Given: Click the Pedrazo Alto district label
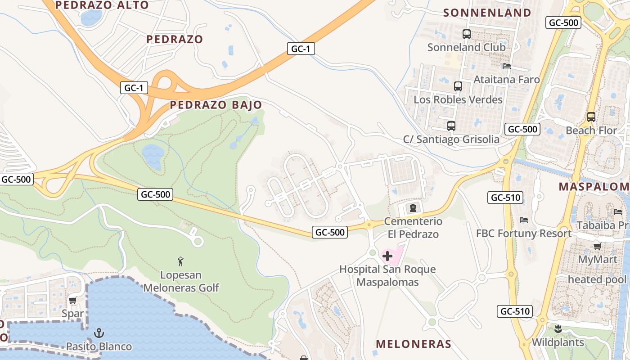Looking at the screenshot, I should (102, 5).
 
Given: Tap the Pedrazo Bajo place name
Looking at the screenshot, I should (216, 105).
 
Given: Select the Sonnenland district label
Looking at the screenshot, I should (487, 13).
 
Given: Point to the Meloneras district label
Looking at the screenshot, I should (414, 344).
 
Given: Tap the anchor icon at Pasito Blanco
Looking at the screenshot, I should (99, 333).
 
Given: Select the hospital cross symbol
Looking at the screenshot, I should (387, 256).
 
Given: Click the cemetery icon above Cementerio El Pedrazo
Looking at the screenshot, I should (413, 208).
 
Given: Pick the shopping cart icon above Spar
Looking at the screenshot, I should (72, 300).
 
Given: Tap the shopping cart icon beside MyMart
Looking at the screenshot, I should (597, 246).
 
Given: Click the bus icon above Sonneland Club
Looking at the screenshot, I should (466, 34).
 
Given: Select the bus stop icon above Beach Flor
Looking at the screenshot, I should (591, 117).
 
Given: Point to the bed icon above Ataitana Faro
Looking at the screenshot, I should (507, 66).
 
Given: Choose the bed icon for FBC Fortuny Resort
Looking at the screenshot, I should (523, 220).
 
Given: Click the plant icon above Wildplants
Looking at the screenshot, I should (558, 329).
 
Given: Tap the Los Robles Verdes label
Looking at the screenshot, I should (458, 99).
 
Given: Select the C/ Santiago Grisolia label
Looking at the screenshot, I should (451, 139).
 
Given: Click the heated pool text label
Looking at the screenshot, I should (597, 279).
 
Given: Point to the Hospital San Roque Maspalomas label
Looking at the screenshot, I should (387, 276).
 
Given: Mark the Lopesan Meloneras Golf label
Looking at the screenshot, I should (181, 281).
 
